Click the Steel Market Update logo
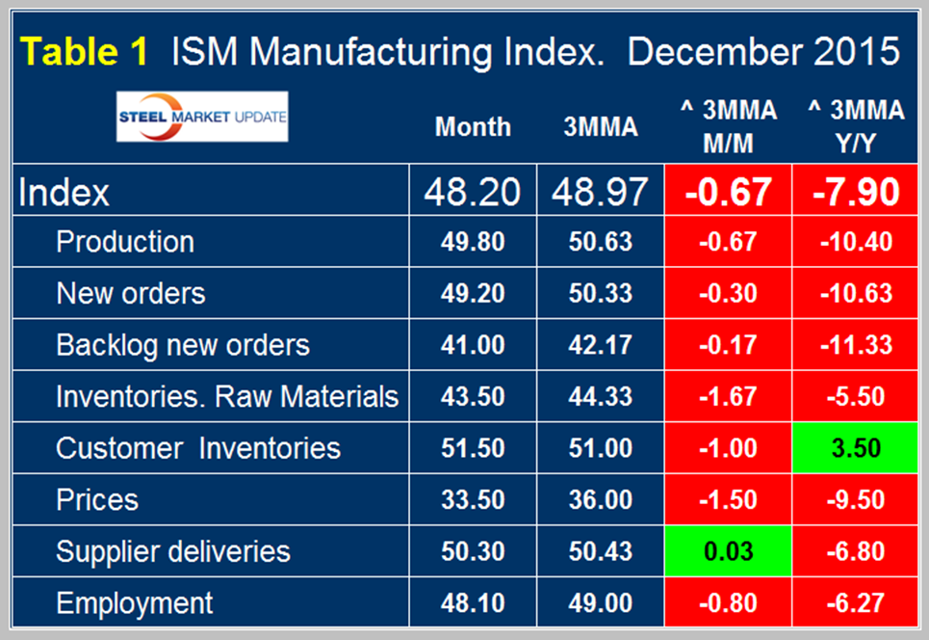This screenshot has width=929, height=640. [x=202, y=117]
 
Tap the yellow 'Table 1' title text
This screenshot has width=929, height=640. [x=85, y=51]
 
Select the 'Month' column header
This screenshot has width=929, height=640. [x=473, y=127]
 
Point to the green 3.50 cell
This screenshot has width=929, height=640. [x=854, y=448]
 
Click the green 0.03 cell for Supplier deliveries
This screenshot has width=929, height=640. [x=728, y=551]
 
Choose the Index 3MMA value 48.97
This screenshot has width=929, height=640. [x=601, y=192]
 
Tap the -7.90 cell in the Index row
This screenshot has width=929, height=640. [x=854, y=192]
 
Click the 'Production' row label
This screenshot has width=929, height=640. [x=125, y=241]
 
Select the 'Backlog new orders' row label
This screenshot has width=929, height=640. [x=183, y=345]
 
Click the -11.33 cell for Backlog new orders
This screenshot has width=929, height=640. [x=854, y=345]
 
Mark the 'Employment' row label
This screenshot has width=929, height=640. [x=135, y=603]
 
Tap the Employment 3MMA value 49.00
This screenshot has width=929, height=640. [x=601, y=603]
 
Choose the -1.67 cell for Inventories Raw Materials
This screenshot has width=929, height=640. [x=728, y=396]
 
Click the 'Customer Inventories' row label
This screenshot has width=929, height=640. [x=198, y=448]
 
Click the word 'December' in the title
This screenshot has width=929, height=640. [x=707, y=51]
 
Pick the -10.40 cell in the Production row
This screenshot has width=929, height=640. [x=854, y=241]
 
